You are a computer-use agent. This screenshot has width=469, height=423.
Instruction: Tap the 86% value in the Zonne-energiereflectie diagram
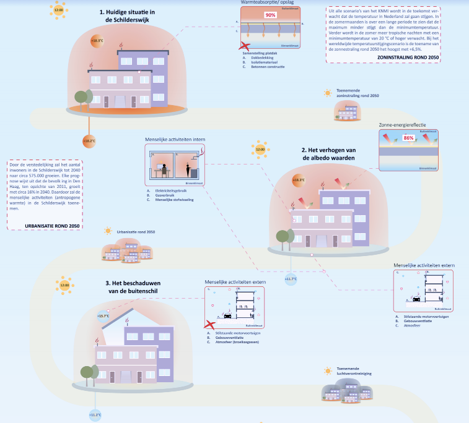(x=408, y=138)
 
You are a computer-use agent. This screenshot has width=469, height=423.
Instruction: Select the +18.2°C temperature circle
(x=89, y=141)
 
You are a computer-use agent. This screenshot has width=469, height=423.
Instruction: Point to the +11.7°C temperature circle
(x=291, y=279)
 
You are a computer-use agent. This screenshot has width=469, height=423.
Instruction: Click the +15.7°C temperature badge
(x=103, y=315)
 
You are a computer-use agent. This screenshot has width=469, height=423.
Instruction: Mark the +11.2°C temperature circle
(x=95, y=414)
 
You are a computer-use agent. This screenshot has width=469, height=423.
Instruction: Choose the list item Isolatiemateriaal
(x=264, y=62)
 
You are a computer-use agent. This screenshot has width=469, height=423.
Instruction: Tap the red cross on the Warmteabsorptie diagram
(x=246, y=46)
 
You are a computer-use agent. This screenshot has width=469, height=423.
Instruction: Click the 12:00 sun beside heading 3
(x=64, y=285)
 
